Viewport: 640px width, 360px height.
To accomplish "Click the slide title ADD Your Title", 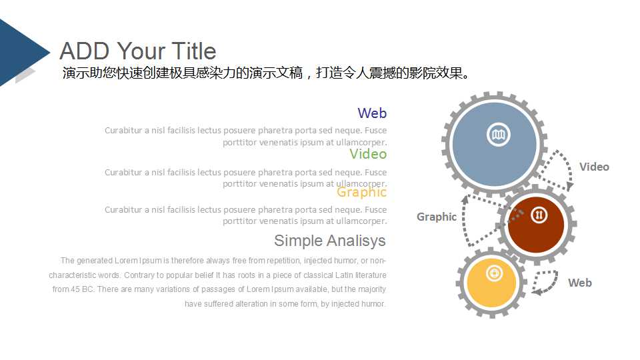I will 138,51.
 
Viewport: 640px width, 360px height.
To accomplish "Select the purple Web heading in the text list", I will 371,113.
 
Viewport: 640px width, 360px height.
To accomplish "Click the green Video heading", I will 368,154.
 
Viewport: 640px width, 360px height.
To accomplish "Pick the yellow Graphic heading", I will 361,192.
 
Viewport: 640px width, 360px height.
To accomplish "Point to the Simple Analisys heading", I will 329,241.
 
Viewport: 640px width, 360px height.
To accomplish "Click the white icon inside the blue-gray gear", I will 496,135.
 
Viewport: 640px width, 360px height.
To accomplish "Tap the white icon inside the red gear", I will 539,215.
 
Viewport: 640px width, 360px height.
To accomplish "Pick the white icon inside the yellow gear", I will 494,273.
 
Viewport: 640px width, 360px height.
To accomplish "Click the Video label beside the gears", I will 594,167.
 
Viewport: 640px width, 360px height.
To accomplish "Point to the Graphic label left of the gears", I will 437,217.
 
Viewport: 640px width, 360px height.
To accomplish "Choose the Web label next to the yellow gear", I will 579,283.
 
